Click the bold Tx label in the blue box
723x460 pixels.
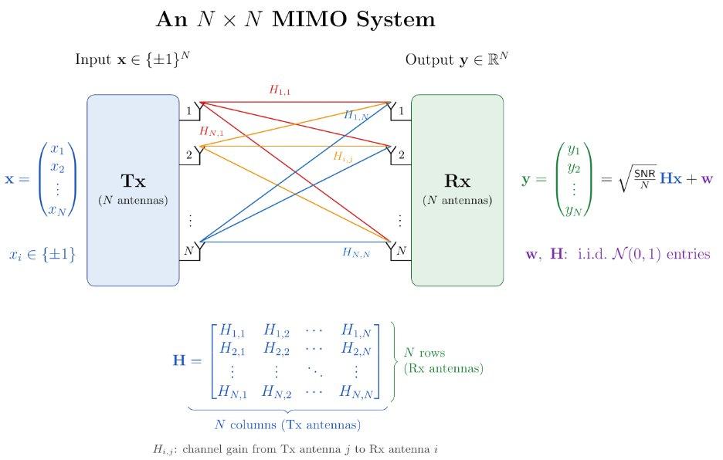[134, 181]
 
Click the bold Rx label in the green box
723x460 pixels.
[457, 181]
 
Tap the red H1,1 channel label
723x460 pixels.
[280, 90]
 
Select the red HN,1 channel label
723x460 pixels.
[211, 131]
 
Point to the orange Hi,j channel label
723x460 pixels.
[343, 157]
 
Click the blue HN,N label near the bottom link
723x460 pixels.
[356, 252]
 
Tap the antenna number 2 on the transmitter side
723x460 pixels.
[189, 155]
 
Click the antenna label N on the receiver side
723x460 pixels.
[401, 250]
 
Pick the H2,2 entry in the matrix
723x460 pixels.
[277, 348]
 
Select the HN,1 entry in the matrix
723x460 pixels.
[233, 391]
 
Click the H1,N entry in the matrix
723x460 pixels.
[356, 330]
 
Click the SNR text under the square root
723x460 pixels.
[645, 174]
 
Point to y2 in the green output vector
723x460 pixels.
[574, 167]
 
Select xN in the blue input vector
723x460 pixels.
[58, 210]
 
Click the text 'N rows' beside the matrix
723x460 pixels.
[425, 353]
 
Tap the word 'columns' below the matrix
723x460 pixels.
[253, 424]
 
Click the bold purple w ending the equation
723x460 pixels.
[707, 178]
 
